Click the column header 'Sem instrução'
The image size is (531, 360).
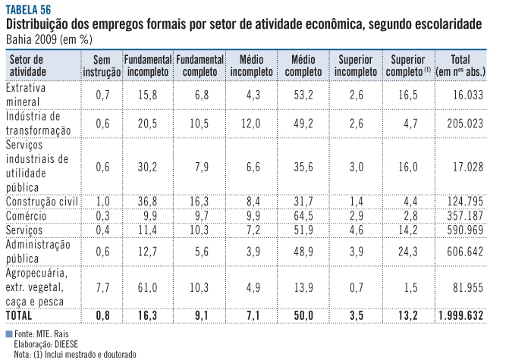103,65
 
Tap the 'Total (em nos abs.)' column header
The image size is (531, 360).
460,65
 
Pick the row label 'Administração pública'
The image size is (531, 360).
38,251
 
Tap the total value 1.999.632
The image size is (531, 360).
460,314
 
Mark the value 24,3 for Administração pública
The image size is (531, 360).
407,251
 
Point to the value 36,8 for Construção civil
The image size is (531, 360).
147,201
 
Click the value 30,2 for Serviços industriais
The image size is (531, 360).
147,165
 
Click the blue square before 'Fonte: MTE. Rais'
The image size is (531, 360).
8,333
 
